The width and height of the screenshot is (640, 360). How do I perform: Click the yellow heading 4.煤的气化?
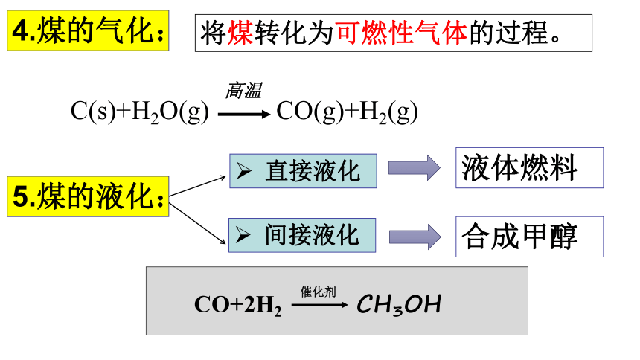click(88, 30)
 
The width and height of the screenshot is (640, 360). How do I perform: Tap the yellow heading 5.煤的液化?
click(88, 196)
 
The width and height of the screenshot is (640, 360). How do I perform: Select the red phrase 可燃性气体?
click(402, 33)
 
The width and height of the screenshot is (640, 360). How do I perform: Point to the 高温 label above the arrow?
click(243, 90)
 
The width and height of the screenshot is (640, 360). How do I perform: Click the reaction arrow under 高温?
click(244, 115)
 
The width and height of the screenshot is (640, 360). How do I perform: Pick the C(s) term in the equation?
click(93, 111)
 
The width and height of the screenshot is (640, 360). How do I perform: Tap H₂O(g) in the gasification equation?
click(170, 112)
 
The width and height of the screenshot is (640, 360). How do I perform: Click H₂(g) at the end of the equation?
click(388, 112)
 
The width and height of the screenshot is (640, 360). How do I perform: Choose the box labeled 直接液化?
click(303, 171)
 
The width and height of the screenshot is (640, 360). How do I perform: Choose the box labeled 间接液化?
click(302, 235)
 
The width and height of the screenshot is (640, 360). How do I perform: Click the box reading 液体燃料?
click(529, 168)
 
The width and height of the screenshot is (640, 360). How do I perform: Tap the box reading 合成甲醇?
click(529, 237)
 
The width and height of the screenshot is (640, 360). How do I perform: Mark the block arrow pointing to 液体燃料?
click(415, 168)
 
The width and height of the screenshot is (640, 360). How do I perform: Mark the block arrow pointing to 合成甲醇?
click(415, 237)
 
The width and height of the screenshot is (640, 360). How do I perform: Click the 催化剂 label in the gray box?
click(319, 292)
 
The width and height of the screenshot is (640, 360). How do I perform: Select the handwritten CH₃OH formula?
click(399, 305)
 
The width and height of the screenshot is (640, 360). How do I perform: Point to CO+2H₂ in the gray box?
click(238, 305)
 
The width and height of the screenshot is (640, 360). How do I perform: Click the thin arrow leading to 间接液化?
click(197, 224)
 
